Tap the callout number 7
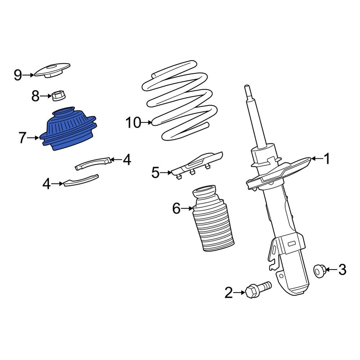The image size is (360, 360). [x=22, y=138]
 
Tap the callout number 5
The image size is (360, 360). [x=155, y=173]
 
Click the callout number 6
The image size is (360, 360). [x=176, y=208]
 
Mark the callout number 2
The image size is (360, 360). [x=229, y=293]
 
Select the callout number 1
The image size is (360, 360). [x=327, y=159]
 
